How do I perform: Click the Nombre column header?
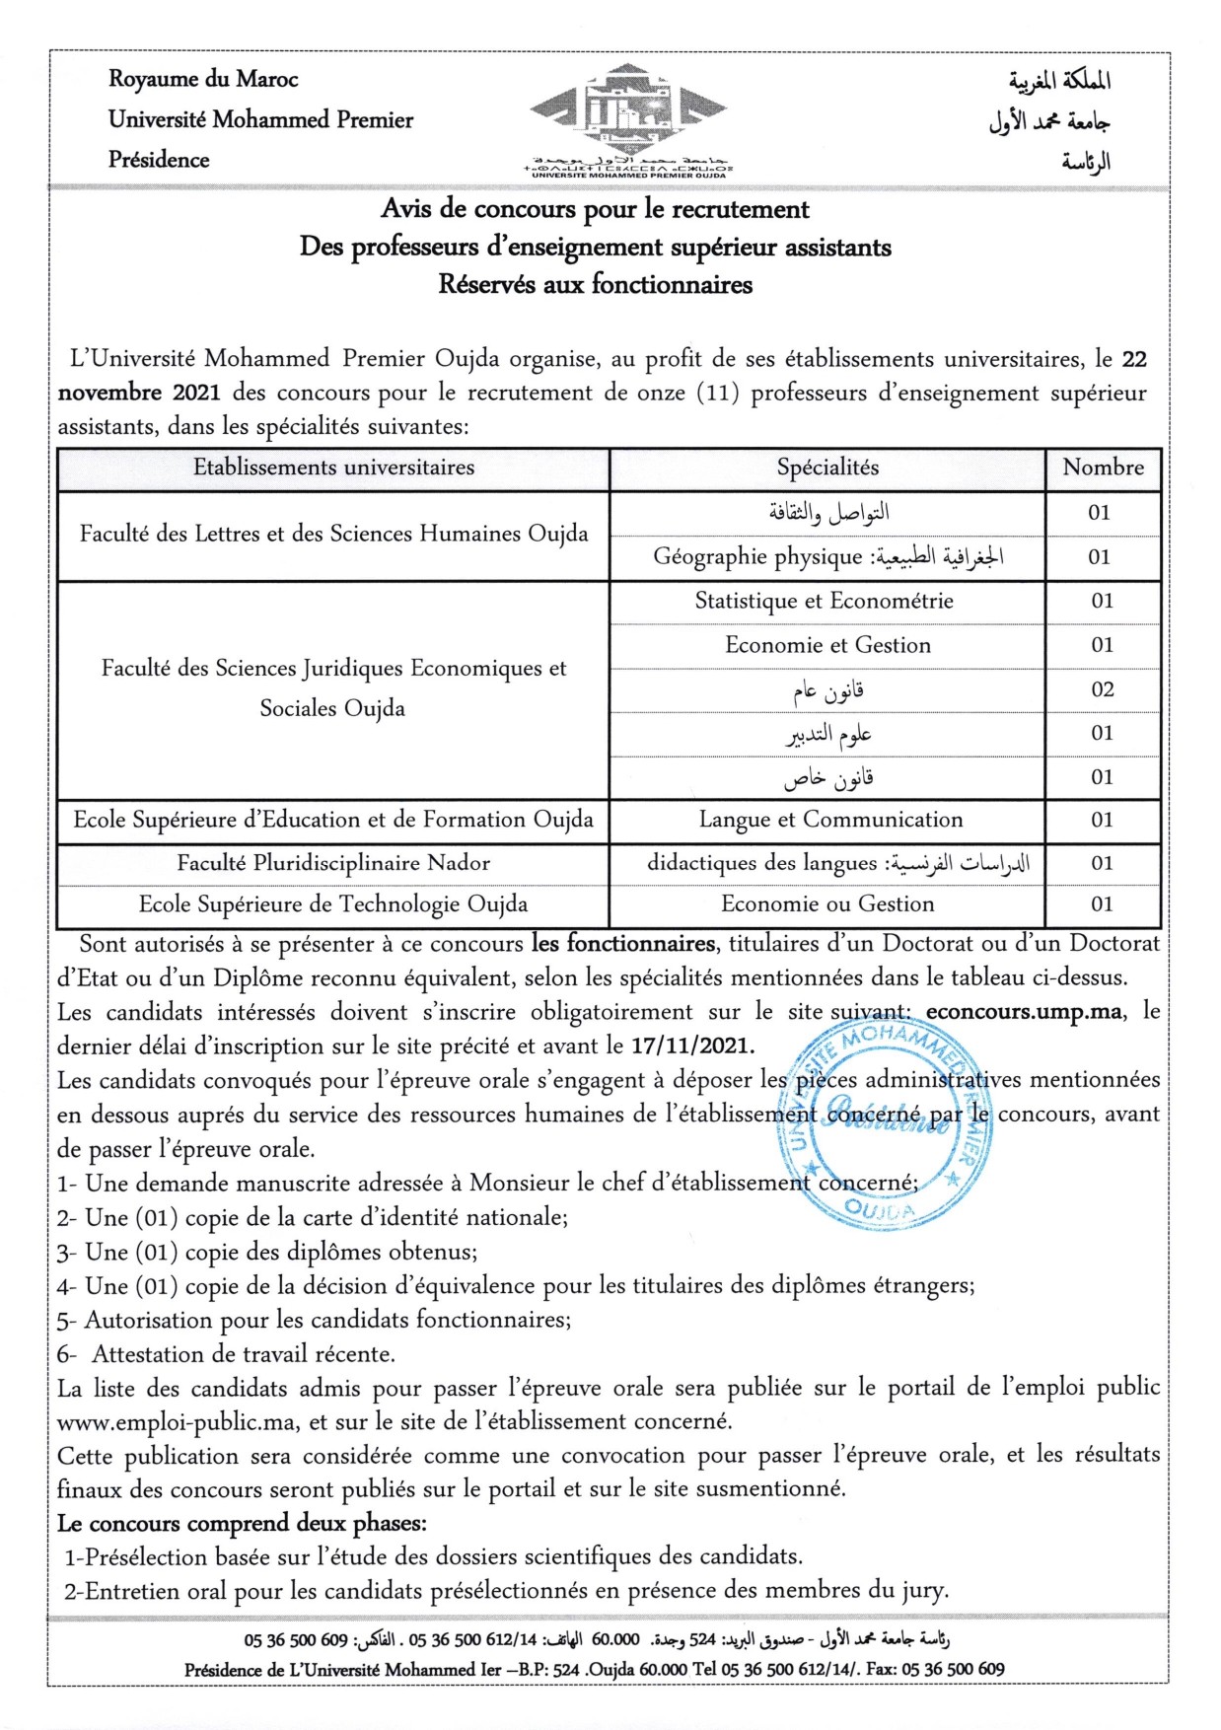click(1103, 468)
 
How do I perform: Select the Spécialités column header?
click(826, 468)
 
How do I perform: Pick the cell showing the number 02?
click(1102, 689)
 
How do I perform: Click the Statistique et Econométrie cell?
click(825, 601)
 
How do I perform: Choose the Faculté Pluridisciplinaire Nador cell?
click(333, 863)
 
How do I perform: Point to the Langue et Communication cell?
click(830, 820)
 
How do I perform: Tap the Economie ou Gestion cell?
click(826, 904)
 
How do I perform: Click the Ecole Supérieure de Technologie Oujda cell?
click(333, 904)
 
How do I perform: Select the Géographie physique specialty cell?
click(827, 557)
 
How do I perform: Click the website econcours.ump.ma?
click(1024, 1012)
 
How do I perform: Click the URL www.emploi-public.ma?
click(177, 1422)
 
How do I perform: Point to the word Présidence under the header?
click(159, 160)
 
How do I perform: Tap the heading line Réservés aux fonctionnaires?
click(595, 285)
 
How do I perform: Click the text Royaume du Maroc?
click(202, 79)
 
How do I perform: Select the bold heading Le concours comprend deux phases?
click(242, 1524)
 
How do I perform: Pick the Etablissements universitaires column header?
click(333, 468)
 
